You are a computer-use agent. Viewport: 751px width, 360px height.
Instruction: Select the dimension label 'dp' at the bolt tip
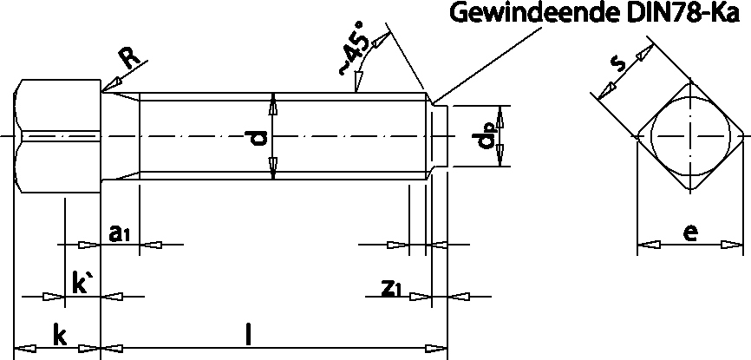coord(489,136)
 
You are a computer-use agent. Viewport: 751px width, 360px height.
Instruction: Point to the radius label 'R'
coord(128,57)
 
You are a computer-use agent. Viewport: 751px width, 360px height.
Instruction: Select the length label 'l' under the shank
coord(250,333)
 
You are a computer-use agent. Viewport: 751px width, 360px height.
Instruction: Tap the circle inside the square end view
coord(691,136)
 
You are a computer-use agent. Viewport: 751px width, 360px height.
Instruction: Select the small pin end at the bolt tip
coord(440,136)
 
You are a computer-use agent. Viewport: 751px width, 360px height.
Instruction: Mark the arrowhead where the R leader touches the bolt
coord(108,87)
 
